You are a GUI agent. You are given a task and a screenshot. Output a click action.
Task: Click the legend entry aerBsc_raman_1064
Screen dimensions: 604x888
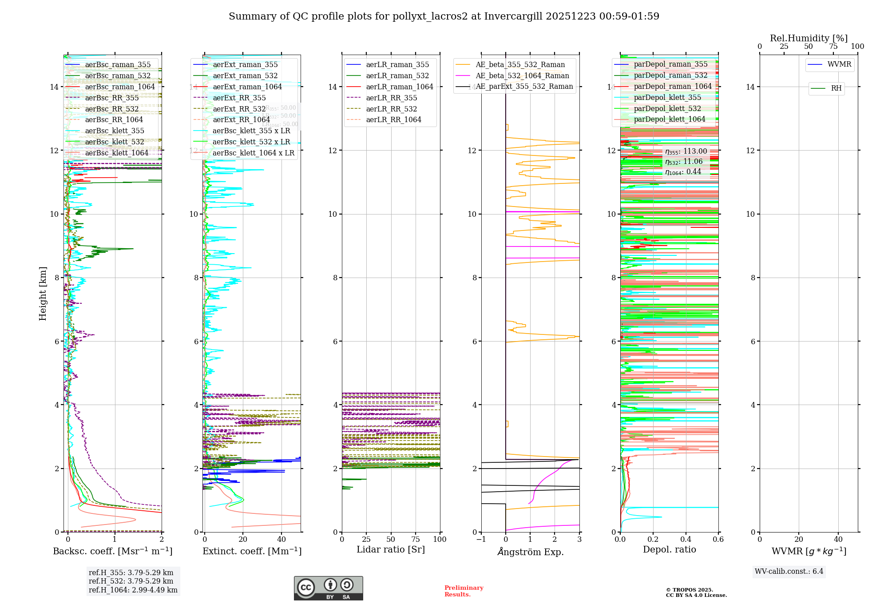(120, 87)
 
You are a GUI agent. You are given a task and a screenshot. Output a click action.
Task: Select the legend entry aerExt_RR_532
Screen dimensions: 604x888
(239, 109)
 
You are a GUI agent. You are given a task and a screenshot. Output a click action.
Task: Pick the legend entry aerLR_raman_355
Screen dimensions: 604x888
(397, 65)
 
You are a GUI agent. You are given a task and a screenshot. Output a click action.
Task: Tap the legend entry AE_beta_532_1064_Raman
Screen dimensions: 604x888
(522, 76)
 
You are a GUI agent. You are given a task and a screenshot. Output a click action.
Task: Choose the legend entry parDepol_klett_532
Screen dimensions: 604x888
(667, 108)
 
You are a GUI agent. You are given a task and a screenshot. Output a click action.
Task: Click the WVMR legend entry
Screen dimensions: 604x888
(839, 64)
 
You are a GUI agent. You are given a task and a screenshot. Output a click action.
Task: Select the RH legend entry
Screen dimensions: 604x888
(836, 88)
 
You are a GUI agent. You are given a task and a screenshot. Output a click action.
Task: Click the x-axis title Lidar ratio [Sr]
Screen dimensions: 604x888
(391, 550)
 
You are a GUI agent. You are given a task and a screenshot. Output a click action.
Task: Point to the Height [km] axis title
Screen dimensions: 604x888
(43, 294)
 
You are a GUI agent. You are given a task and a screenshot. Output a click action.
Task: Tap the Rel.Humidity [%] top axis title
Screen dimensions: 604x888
(809, 38)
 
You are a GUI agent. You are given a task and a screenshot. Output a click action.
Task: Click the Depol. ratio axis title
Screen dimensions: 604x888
(669, 550)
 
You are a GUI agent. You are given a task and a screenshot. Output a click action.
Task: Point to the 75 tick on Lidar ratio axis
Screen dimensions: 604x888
(416, 540)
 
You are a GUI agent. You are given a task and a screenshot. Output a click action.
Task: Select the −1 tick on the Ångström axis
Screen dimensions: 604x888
(481, 540)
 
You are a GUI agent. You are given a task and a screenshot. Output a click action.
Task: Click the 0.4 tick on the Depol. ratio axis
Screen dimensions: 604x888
(686, 540)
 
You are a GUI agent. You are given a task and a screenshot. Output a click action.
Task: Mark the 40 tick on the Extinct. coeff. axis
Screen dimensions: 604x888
(281, 540)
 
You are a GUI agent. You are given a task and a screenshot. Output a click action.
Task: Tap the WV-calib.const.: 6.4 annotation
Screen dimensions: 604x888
(789, 572)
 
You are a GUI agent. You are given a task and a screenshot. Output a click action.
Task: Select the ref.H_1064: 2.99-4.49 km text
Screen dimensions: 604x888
(133, 590)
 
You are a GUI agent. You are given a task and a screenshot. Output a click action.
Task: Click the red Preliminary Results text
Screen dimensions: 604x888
(464, 591)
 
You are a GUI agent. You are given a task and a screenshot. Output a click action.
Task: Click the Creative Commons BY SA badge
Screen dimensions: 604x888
(328, 588)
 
